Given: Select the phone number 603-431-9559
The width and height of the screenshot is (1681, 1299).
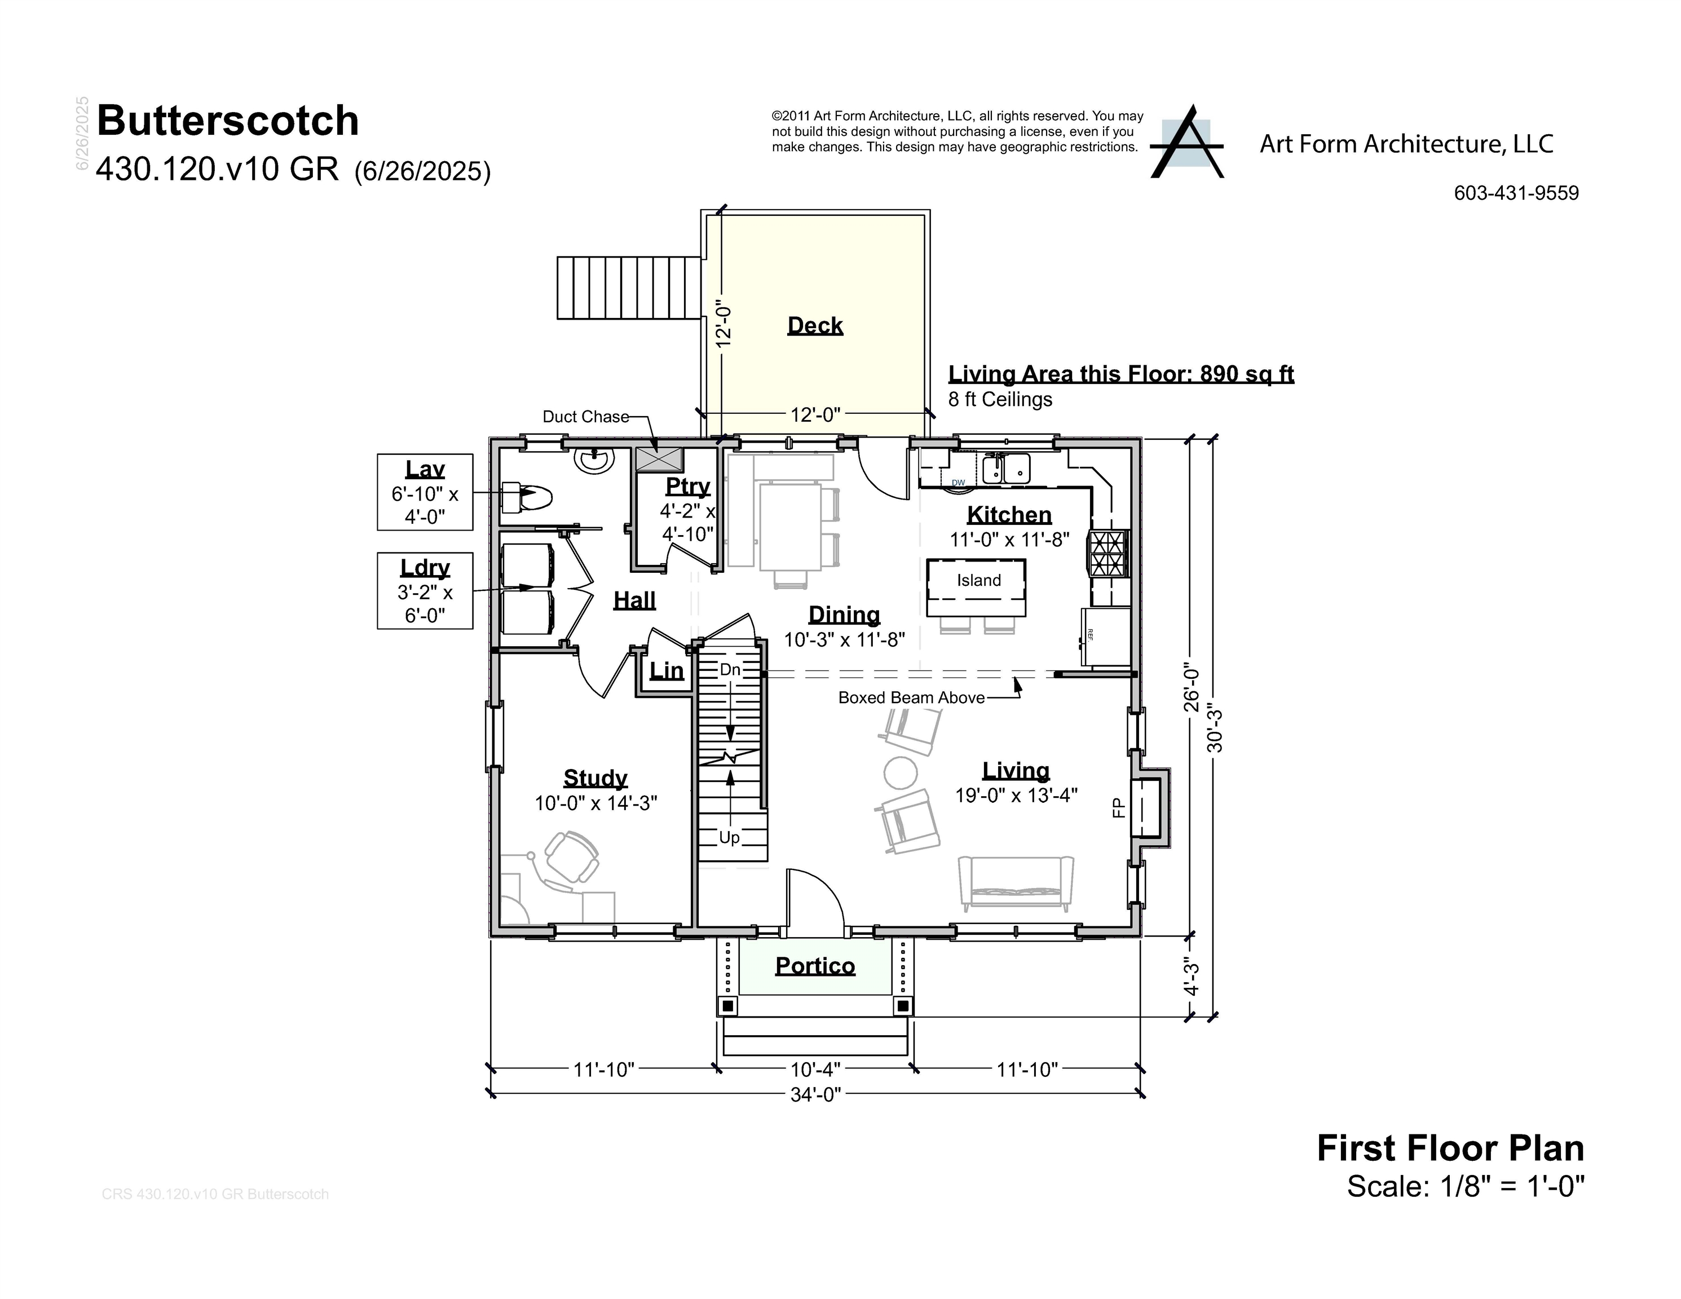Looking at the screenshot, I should pyautogui.click(x=1516, y=193).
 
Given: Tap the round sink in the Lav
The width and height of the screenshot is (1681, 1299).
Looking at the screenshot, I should pyautogui.click(x=594, y=460).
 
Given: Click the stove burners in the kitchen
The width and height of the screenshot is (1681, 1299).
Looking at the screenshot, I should pyautogui.click(x=1107, y=553).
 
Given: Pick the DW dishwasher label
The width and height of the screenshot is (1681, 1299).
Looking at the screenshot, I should pyautogui.click(x=958, y=483).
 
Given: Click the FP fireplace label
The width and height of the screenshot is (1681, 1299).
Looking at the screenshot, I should pyautogui.click(x=1118, y=807).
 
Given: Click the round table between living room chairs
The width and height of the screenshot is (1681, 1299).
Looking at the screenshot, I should pyautogui.click(x=900, y=772).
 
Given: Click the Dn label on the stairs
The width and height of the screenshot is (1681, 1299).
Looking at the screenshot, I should pyautogui.click(x=730, y=669).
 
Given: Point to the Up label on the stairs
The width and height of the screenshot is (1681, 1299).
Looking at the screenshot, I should pyautogui.click(x=729, y=837).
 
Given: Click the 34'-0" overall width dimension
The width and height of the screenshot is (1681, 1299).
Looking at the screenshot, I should pyautogui.click(x=815, y=1094).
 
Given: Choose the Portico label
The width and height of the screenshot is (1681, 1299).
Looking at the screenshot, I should pyautogui.click(x=814, y=966).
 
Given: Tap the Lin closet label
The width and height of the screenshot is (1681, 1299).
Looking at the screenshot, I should pyautogui.click(x=666, y=671).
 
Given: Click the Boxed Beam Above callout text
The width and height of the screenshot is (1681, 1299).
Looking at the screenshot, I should pyautogui.click(x=911, y=697).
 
